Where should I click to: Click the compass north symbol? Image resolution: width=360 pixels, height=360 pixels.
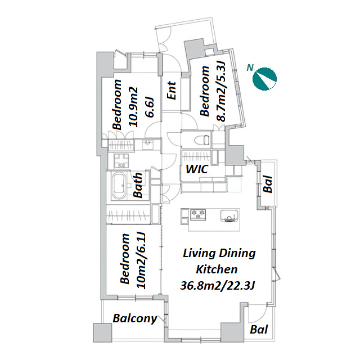pyautogui.click(x=264, y=79)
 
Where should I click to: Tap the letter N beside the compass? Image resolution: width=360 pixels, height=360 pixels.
pyautogui.click(x=250, y=67)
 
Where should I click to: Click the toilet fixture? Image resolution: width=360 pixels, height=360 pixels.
pyautogui.click(x=201, y=140)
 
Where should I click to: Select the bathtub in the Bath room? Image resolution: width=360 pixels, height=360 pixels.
pyautogui.click(x=119, y=186)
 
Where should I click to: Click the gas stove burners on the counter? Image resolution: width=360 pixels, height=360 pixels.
pyautogui.click(x=198, y=214)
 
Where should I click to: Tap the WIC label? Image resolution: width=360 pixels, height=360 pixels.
pyautogui.click(x=197, y=169)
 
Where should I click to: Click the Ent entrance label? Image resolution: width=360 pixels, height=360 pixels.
pyautogui.click(x=172, y=91)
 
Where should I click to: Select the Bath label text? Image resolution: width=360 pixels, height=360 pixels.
pyautogui.click(x=138, y=185)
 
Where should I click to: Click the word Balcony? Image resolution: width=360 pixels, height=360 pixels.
pyautogui.click(x=135, y=318)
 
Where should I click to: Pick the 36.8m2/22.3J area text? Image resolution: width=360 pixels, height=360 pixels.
pyautogui.click(x=218, y=286)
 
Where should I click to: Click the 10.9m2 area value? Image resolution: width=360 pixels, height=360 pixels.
pyautogui.click(x=133, y=107)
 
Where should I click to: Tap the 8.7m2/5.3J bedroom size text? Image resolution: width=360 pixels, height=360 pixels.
pyautogui.click(x=221, y=91)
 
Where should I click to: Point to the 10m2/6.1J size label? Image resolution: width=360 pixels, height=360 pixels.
pyautogui.click(x=141, y=260)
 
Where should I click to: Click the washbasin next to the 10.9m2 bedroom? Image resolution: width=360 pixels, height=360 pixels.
pyautogui.click(x=147, y=145)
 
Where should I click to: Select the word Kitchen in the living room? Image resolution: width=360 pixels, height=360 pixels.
pyautogui.click(x=217, y=269)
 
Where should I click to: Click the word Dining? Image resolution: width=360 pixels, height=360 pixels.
pyautogui.click(x=237, y=254)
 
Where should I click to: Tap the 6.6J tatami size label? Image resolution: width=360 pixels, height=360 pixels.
pyautogui.click(x=150, y=107)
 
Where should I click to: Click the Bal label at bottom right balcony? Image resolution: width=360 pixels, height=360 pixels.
pyautogui.click(x=259, y=330)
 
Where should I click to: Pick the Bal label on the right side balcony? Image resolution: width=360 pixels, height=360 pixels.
pyautogui.click(x=268, y=184)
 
